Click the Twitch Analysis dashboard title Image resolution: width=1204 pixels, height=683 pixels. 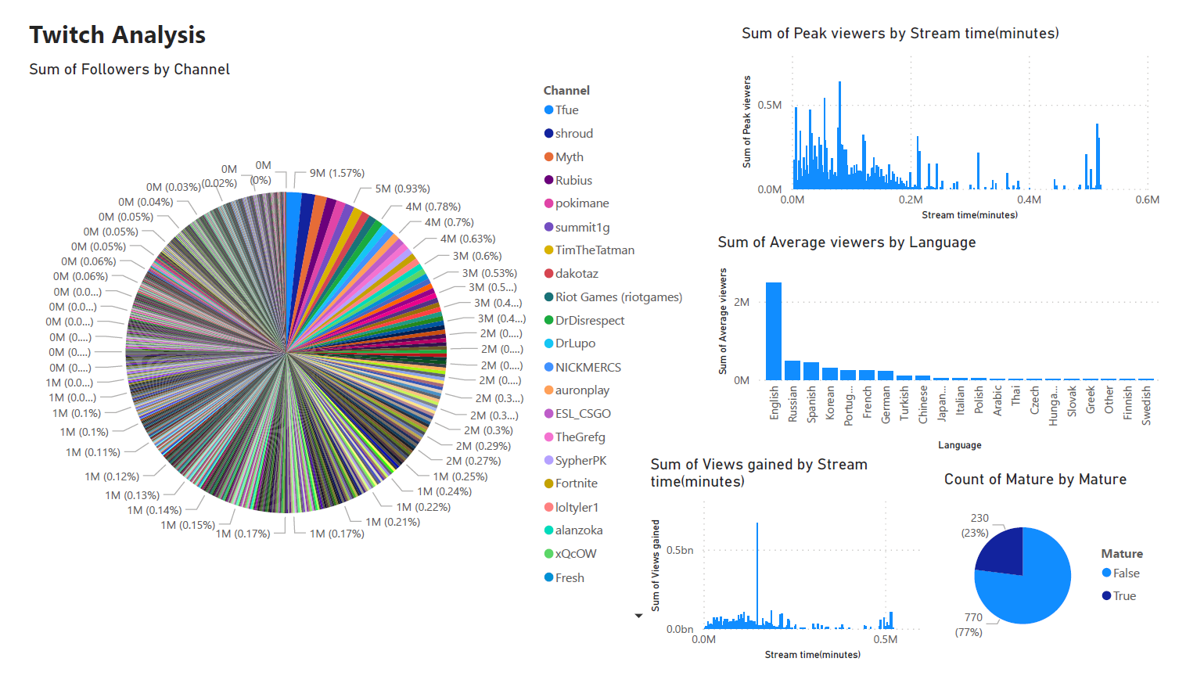tap(117, 35)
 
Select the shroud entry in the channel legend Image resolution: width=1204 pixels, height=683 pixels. tap(573, 134)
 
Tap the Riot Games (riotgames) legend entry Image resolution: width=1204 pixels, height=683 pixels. tap(618, 297)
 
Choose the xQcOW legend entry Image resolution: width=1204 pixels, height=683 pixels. tap(575, 554)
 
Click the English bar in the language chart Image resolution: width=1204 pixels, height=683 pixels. tap(774, 332)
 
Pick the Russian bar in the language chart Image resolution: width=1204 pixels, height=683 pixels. tap(792, 370)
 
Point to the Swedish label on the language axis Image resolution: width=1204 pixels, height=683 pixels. tap(1146, 404)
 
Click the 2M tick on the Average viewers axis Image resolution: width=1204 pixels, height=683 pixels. tap(742, 302)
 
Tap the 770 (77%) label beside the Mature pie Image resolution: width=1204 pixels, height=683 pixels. tap(970, 624)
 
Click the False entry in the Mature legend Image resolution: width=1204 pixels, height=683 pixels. tap(1126, 573)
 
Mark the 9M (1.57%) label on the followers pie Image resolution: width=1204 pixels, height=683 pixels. tap(336, 173)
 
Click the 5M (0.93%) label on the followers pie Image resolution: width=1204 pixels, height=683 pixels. tap(402, 189)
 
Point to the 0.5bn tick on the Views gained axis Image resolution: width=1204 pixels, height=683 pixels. tap(679, 550)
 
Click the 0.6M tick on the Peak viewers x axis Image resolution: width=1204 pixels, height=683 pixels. tap(1147, 200)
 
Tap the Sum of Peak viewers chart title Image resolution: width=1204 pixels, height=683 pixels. tap(900, 34)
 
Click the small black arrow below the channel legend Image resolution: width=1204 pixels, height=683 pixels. tap(638, 616)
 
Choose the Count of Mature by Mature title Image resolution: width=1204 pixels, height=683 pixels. tap(1035, 480)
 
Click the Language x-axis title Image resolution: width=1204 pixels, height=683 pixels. tap(959, 445)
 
